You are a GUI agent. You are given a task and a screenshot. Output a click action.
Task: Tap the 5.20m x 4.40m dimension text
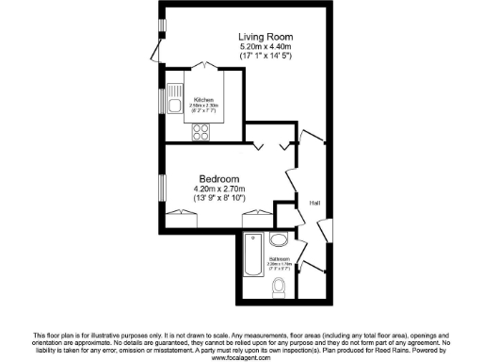click(265, 47)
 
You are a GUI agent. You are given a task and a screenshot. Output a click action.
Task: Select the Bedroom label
click(218, 178)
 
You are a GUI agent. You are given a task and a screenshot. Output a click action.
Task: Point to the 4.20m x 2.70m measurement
click(218, 189)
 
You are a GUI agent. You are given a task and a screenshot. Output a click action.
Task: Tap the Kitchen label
click(204, 99)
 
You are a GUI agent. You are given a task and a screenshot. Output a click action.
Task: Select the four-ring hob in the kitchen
click(201, 132)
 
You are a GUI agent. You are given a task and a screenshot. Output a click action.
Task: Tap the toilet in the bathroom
click(279, 286)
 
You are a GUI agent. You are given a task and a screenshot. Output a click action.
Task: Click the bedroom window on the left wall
click(160, 189)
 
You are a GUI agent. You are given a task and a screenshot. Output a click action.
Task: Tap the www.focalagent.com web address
click(241, 358)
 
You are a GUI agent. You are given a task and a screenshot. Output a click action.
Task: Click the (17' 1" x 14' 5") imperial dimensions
click(265, 58)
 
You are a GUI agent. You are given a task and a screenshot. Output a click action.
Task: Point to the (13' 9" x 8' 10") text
click(218, 199)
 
